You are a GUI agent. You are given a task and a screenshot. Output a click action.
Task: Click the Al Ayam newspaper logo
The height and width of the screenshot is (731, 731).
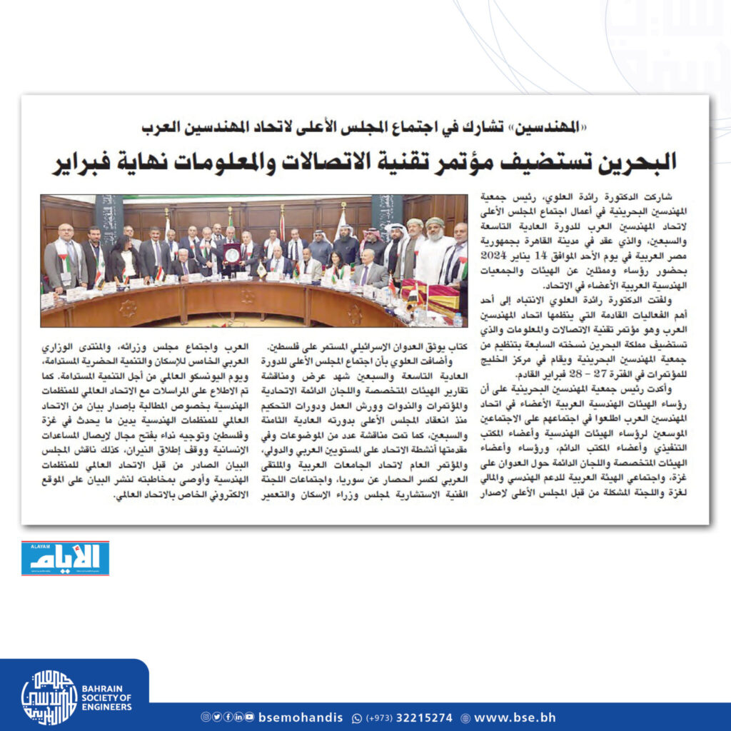[65, 558]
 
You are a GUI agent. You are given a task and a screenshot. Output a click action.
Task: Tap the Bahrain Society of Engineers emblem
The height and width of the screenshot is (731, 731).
[49, 697]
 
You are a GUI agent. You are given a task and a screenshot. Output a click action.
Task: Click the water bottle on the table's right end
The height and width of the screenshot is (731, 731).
[458, 319]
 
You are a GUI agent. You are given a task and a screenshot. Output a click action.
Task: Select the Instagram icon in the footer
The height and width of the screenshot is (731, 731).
[205, 717]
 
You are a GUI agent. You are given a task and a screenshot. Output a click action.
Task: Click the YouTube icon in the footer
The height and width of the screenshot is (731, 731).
[249, 717]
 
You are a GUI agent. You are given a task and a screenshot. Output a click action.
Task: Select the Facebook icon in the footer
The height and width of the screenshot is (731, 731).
[227, 717]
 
